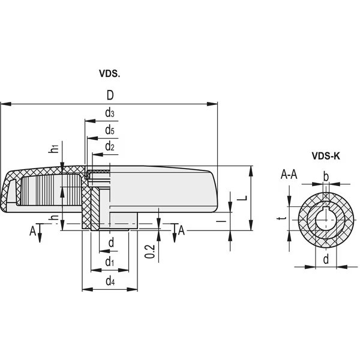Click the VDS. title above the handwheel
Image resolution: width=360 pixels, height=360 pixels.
110,73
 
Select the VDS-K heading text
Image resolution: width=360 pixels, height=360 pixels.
326,156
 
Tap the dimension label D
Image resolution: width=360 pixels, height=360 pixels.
110,95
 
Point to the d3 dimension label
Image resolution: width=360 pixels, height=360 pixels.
110,113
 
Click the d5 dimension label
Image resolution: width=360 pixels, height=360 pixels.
110,130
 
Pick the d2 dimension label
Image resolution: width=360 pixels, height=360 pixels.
110,146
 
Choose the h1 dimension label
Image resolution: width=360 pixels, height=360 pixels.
54,148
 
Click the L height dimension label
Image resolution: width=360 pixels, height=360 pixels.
242,198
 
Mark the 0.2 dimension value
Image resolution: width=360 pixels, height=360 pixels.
151,251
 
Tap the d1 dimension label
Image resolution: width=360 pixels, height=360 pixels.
110,262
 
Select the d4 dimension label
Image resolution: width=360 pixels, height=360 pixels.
110,281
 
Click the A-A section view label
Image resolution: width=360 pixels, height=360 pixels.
289,175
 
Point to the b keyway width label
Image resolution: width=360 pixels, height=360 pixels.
326,176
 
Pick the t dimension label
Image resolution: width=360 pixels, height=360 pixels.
282,218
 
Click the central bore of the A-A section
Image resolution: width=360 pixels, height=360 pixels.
326,220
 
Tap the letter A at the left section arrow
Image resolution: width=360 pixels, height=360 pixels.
33,231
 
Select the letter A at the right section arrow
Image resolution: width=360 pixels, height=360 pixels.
181,230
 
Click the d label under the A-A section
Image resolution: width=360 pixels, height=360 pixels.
326,259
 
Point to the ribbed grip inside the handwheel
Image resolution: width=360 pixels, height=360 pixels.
51,190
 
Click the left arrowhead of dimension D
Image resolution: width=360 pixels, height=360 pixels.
6,104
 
